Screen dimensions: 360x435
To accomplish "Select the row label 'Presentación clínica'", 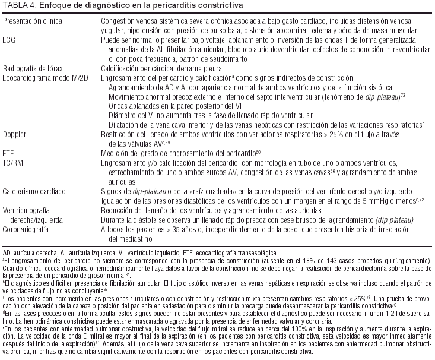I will coord(33,21).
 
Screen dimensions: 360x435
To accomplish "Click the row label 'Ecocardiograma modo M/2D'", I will coord(43,77).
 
